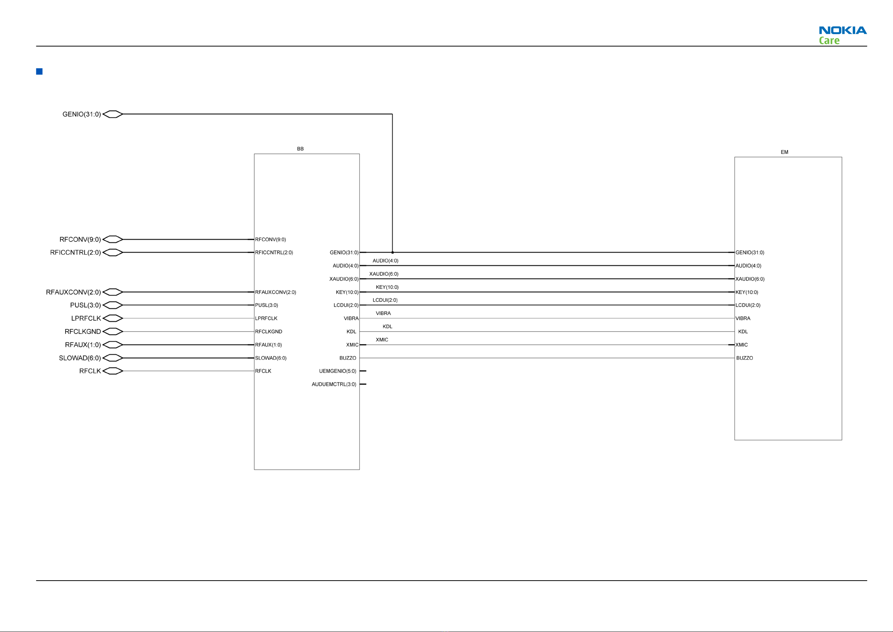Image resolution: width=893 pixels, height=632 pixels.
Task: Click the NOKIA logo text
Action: click(x=842, y=30)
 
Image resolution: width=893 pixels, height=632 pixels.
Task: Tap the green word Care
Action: click(x=829, y=41)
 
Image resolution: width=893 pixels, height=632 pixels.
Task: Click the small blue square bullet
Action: click(x=39, y=72)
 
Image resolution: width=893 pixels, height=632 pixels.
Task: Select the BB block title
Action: click(x=300, y=149)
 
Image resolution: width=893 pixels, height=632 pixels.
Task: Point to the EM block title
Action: click(x=784, y=152)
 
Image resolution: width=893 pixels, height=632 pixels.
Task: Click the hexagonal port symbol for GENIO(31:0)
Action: click(x=113, y=114)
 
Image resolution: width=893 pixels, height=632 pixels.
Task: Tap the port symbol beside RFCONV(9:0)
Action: click(x=113, y=239)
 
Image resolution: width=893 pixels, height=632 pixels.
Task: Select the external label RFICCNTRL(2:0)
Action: click(x=75, y=252)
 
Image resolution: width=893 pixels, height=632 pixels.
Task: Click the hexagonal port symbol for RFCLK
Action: click(x=113, y=371)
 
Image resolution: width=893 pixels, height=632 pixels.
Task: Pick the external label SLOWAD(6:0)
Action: click(x=80, y=358)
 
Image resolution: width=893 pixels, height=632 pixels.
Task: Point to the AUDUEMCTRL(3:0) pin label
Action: click(x=334, y=384)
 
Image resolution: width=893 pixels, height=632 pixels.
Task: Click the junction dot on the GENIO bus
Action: click(x=393, y=252)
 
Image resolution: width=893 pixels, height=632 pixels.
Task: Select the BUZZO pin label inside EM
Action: click(x=745, y=358)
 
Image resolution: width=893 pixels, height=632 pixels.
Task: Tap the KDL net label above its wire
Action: click(x=387, y=327)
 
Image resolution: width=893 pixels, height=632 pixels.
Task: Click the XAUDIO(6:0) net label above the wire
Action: click(x=384, y=274)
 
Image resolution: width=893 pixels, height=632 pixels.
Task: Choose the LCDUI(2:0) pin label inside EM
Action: click(x=748, y=305)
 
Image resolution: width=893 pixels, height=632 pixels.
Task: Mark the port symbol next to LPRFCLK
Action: click(x=113, y=318)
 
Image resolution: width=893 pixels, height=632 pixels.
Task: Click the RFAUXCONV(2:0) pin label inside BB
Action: click(x=276, y=292)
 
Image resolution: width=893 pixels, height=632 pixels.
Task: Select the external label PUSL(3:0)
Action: click(x=85, y=305)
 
